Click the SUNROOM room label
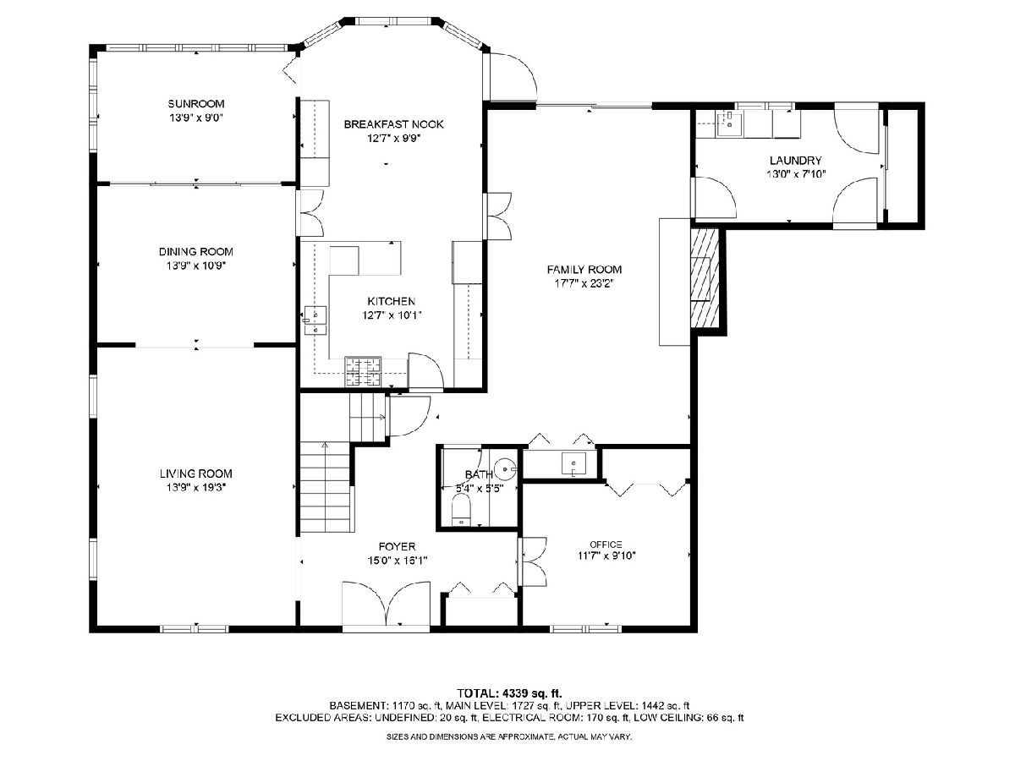tap(196, 103)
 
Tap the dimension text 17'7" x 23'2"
tap(584, 284)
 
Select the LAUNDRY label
tap(796, 161)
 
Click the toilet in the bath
tap(461, 510)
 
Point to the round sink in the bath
tap(507, 469)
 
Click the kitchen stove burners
tap(364, 372)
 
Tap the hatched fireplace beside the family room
tap(705, 279)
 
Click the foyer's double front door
tap(386, 605)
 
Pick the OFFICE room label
tap(606, 545)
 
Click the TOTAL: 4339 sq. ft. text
tap(509, 693)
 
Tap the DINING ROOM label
tap(196, 252)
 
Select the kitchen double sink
tap(315, 320)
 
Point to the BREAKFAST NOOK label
tap(393, 124)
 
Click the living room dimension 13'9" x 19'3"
tap(196, 488)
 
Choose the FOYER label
tap(398, 547)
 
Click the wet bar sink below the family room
tap(573, 464)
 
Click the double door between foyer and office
tap(533, 561)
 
